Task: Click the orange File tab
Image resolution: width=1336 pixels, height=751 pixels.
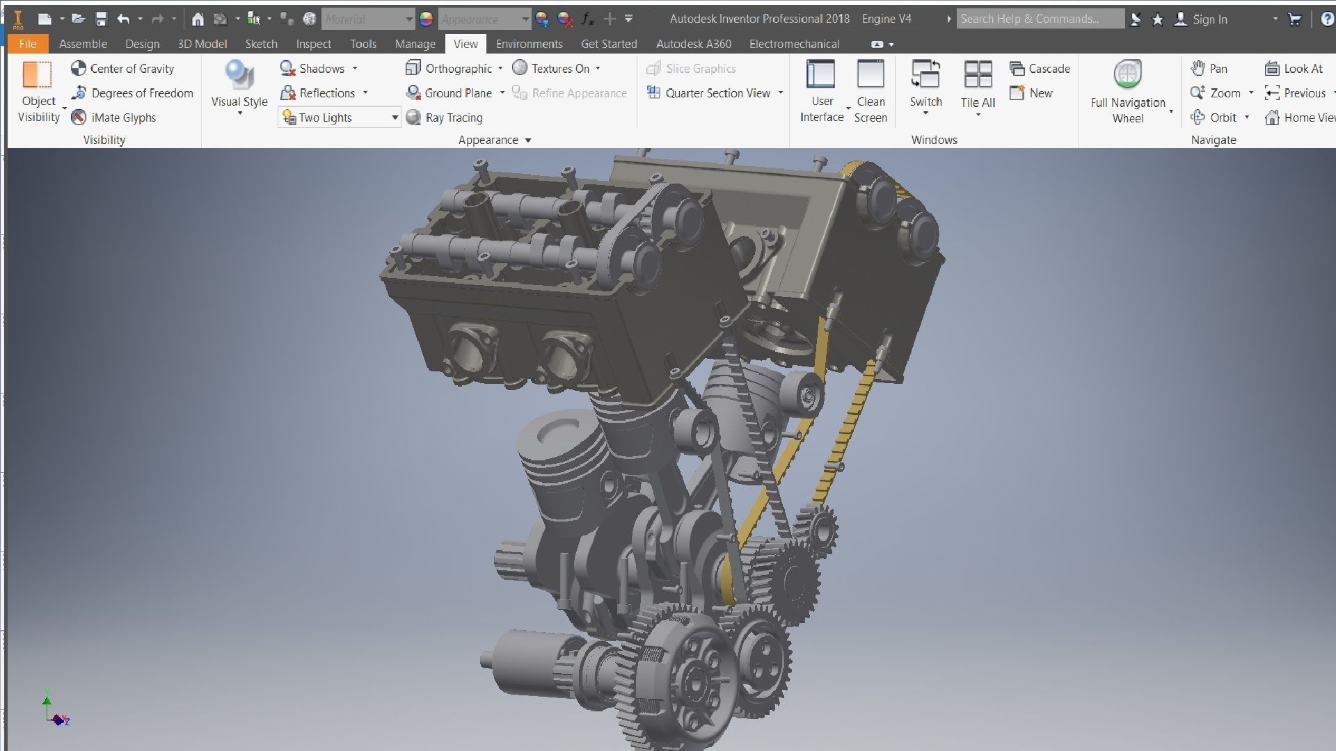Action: [x=28, y=44]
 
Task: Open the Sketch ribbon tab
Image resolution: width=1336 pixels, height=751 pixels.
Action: [x=261, y=44]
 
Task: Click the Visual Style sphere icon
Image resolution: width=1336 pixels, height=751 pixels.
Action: [x=239, y=75]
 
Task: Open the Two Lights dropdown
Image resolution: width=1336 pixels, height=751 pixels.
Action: [x=394, y=118]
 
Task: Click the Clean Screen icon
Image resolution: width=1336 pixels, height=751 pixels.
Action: [x=870, y=75]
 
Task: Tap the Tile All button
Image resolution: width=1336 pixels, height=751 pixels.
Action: [x=978, y=75]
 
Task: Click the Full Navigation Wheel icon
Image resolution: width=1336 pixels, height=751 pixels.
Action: [x=1127, y=75]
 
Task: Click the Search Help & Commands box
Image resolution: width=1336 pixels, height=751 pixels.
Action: [x=1040, y=19]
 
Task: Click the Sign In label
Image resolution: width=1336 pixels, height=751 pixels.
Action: [x=1209, y=19]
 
